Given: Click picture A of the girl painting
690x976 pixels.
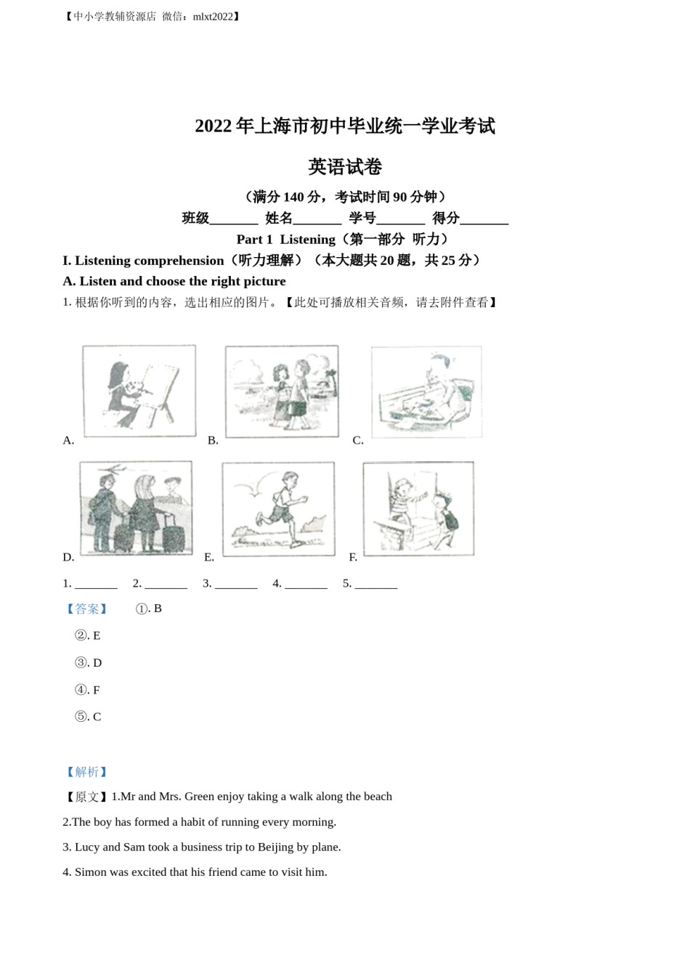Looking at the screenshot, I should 139,391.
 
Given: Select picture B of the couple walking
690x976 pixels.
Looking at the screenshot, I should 281,391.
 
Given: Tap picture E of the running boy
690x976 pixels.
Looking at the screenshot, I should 278,509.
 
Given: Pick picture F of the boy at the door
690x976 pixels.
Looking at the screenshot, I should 418,509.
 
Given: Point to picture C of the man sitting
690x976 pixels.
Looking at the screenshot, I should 426,391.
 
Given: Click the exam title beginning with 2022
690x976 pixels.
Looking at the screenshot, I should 344,126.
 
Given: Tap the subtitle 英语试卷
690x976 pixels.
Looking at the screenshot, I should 344,167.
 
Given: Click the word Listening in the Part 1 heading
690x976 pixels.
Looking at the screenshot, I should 307,240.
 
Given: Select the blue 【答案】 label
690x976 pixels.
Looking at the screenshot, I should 86,609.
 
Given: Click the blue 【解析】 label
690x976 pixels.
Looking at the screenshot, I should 86,772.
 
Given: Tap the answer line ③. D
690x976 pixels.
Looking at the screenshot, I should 89,663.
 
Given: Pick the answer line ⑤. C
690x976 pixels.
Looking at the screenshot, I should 88,717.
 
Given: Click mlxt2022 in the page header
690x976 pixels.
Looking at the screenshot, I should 213,17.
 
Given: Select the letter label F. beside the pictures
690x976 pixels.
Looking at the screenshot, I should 353,557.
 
